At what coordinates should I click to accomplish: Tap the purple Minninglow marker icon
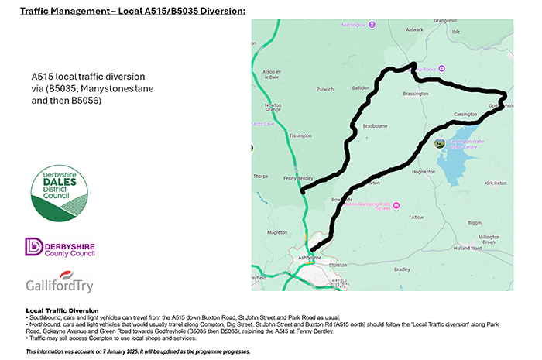pyautogui.click(x=372, y=25)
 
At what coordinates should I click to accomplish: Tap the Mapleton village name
pyautogui.click(x=276, y=231)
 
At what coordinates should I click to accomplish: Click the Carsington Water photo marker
pyautogui.click(x=441, y=143)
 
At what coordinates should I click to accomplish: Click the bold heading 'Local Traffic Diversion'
pyautogui.click(x=62, y=310)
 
